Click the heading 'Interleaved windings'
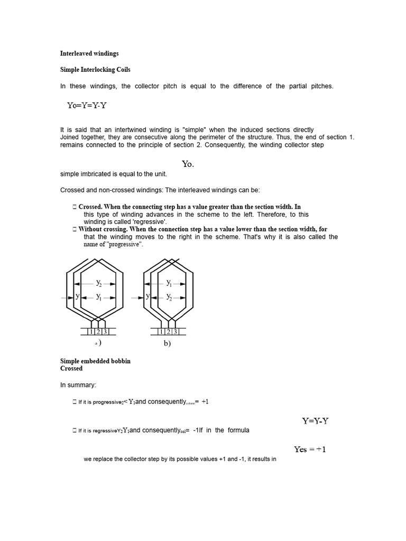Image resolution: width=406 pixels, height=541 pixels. click(89, 53)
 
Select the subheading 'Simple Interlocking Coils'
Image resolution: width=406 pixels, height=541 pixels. click(95, 70)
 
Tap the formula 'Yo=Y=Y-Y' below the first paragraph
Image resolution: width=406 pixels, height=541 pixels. click(87, 105)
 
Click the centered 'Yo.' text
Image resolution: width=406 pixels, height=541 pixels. click(188, 164)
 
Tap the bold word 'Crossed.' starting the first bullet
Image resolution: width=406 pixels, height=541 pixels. click(90, 207)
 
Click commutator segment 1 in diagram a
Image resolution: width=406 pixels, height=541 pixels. click(91, 332)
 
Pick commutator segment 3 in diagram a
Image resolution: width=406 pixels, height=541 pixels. click(105, 332)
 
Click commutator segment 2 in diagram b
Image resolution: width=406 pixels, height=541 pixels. click(169, 332)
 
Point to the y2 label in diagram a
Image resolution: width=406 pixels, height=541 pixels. click(99, 283)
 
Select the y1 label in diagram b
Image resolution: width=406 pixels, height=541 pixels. click(169, 283)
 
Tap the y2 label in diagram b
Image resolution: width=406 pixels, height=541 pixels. click(169, 297)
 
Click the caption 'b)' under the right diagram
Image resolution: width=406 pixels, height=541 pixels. click(167, 343)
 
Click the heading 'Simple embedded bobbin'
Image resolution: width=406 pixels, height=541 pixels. click(95, 361)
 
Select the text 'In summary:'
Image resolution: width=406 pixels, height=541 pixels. click(78, 386)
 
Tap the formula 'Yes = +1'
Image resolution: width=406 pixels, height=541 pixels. click(310, 450)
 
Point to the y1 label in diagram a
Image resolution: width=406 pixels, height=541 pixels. click(99, 297)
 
